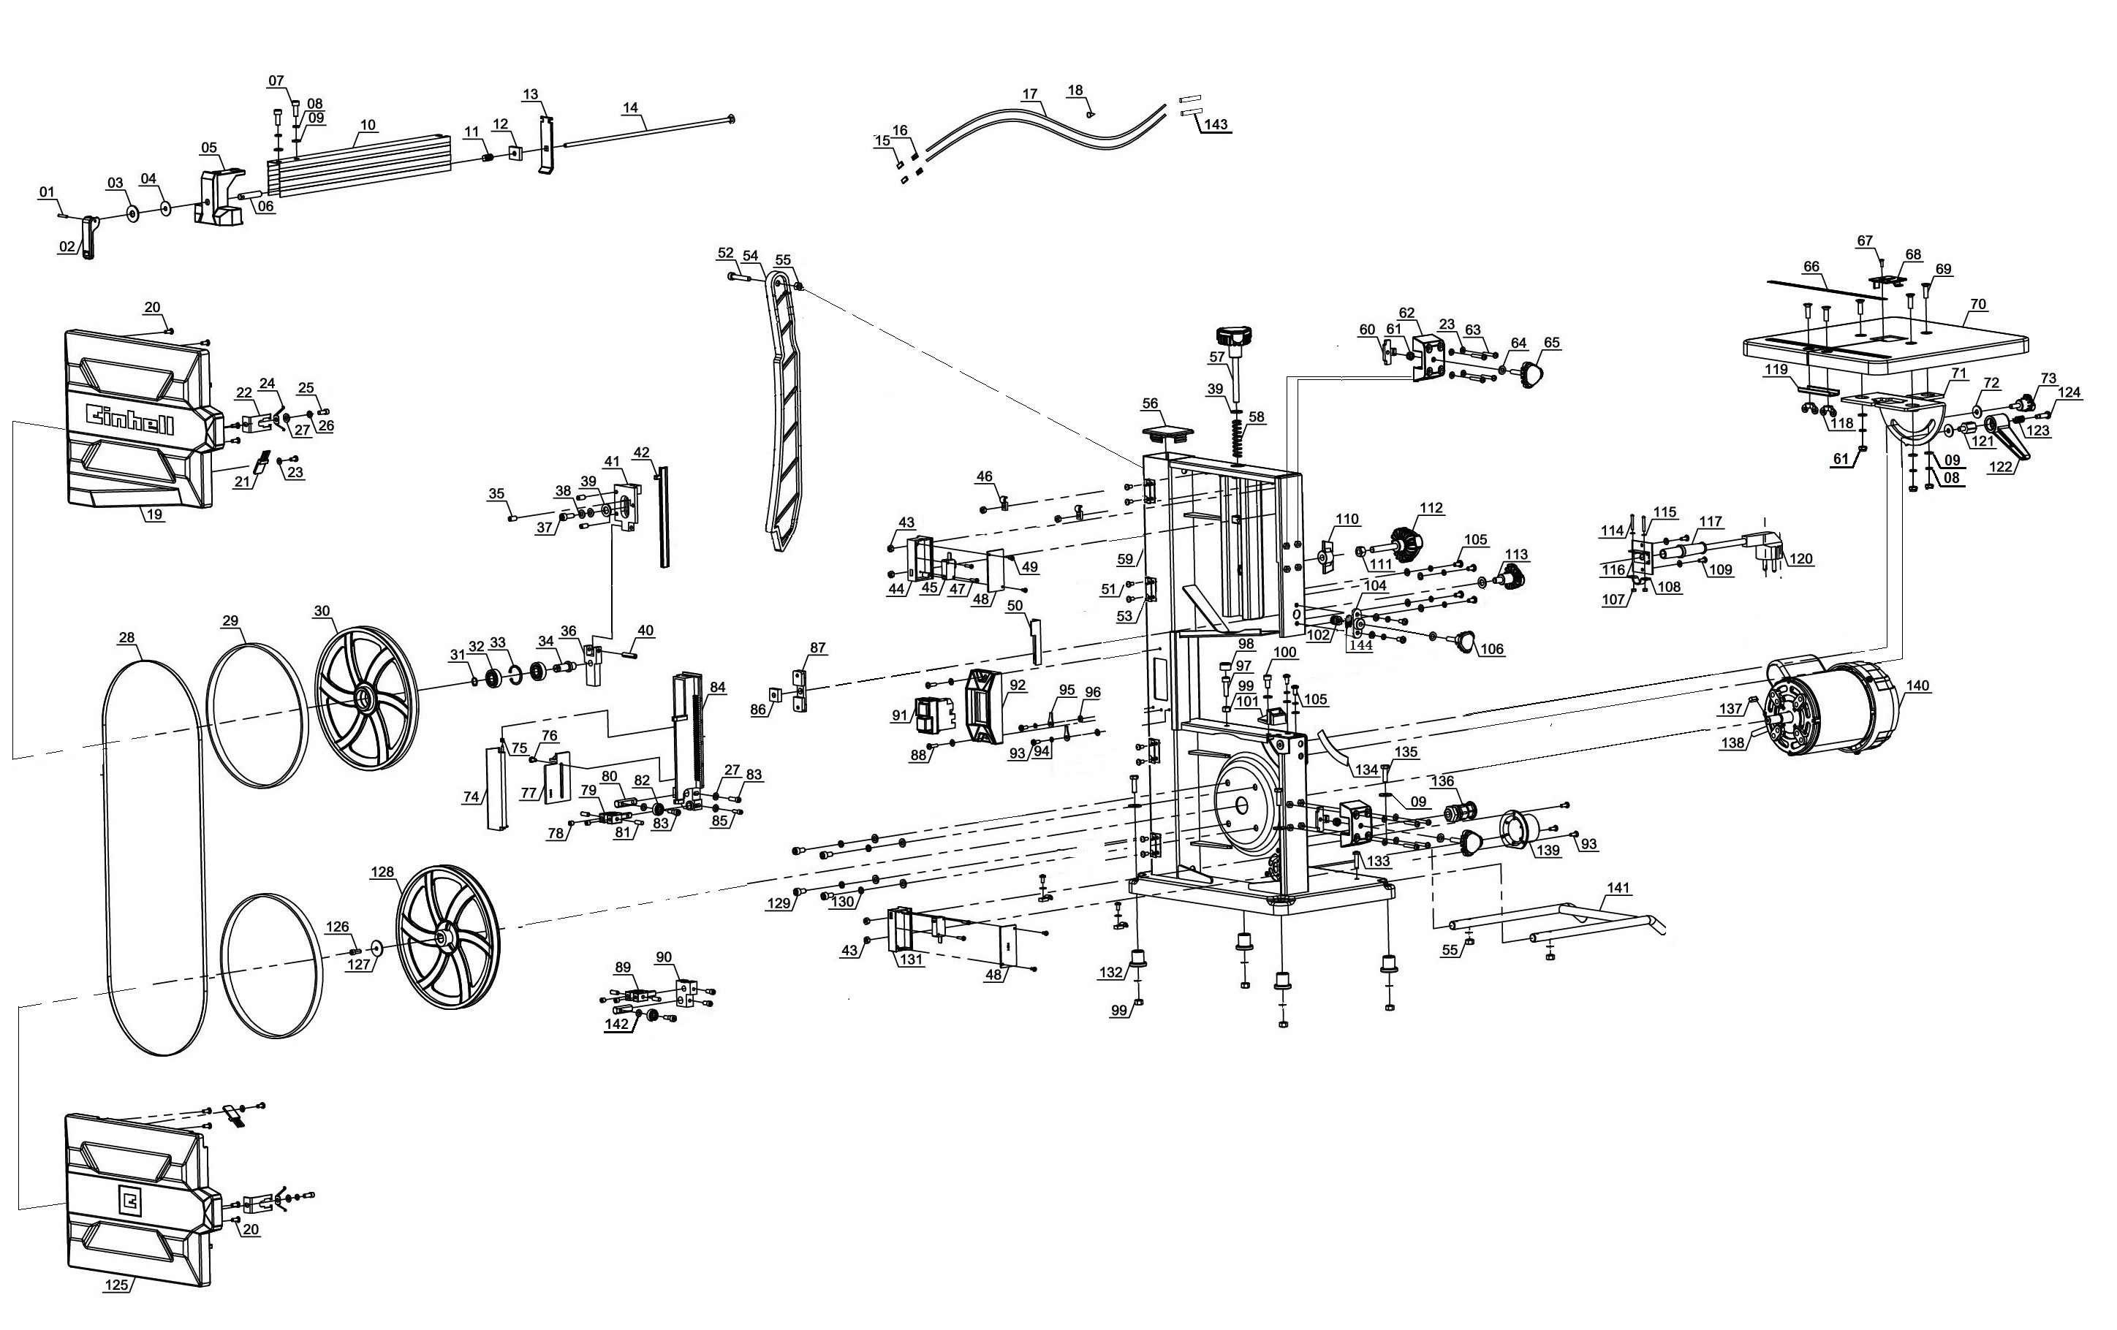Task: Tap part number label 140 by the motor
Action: tap(1917, 685)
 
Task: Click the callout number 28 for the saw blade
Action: tap(127, 637)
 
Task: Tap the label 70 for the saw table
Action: tap(1977, 305)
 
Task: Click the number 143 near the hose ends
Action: tap(1216, 125)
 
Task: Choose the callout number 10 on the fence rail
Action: tap(368, 125)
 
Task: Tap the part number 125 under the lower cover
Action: tap(116, 1284)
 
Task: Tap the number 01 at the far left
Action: tap(47, 191)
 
